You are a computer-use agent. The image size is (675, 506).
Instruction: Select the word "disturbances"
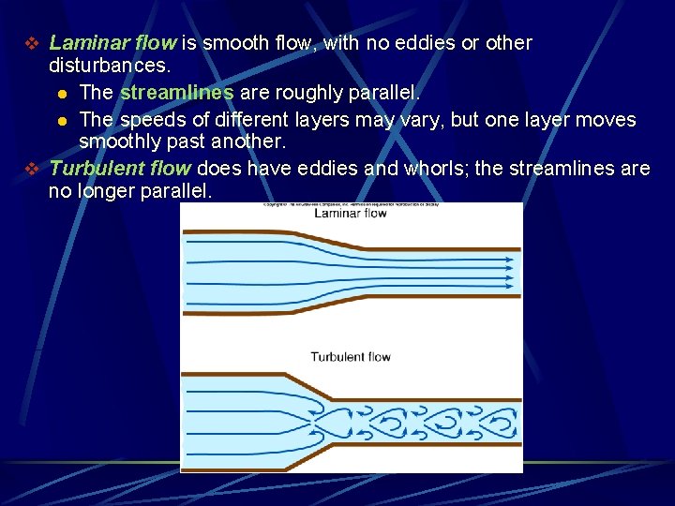click(108, 67)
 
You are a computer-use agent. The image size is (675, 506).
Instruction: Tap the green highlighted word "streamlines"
click(176, 94)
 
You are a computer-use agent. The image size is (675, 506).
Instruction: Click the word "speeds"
click(148, 121)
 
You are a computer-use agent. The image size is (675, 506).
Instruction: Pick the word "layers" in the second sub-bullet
click(321, 121)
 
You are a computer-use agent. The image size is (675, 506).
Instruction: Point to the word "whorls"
click(432, 169)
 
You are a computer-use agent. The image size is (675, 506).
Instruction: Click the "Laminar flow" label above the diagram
click(350, 213)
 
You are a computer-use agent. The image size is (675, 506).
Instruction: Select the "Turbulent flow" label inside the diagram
click(350, 356)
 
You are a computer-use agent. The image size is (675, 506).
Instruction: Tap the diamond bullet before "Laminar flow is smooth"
click(31, 44)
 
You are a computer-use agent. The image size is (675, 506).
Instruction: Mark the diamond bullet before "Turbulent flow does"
click(31, 170)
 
